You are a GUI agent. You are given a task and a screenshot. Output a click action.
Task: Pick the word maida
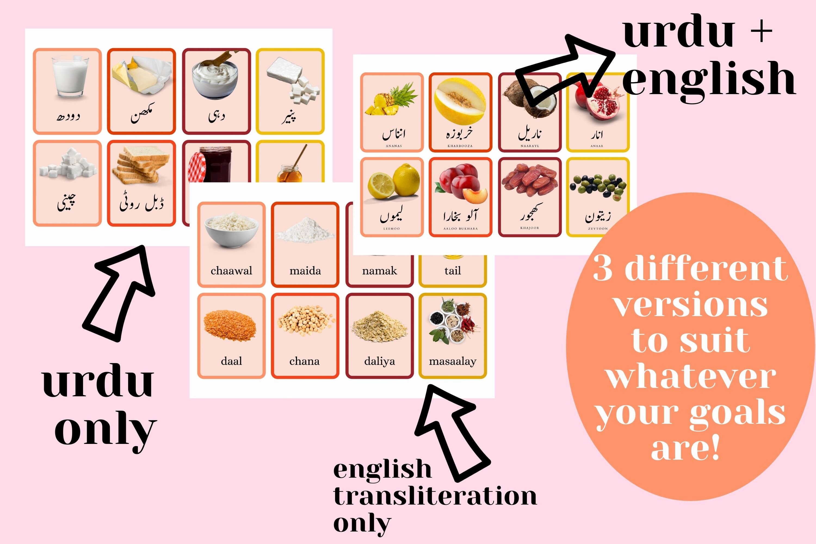pos(305,271)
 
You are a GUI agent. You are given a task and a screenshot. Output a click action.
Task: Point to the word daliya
pos(379,361)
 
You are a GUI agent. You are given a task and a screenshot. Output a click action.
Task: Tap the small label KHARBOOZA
pos(460,146)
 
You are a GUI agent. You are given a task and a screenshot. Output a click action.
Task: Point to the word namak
pos(379,271)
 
